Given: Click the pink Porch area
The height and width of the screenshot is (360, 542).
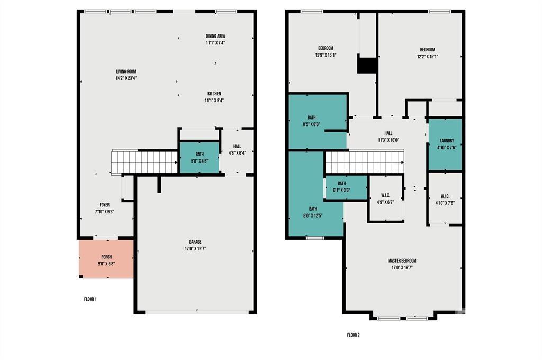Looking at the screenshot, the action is [x=106, y=259].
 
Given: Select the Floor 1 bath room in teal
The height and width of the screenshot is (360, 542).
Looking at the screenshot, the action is [x=200, y=157].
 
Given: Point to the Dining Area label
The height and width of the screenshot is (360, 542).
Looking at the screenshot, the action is [x=215, y=36].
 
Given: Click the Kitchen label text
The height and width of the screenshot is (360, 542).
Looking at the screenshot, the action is [x=214, y=94].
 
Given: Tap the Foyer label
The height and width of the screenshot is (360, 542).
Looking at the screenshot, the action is [x=104, y=205].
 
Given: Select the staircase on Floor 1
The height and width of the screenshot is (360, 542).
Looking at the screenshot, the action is [x=144, y=161].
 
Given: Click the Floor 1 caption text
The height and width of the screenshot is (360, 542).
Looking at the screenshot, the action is [x=90, y=299].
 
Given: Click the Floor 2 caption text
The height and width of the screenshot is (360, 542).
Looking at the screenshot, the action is [x=353, y=335].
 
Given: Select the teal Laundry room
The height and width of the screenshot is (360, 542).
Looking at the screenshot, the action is [x=445, y=144].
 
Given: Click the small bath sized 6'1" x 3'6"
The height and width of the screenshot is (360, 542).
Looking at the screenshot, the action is [x=346, y=187].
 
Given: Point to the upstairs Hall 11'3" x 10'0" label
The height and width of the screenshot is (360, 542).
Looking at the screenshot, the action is [x=388, y=137].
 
